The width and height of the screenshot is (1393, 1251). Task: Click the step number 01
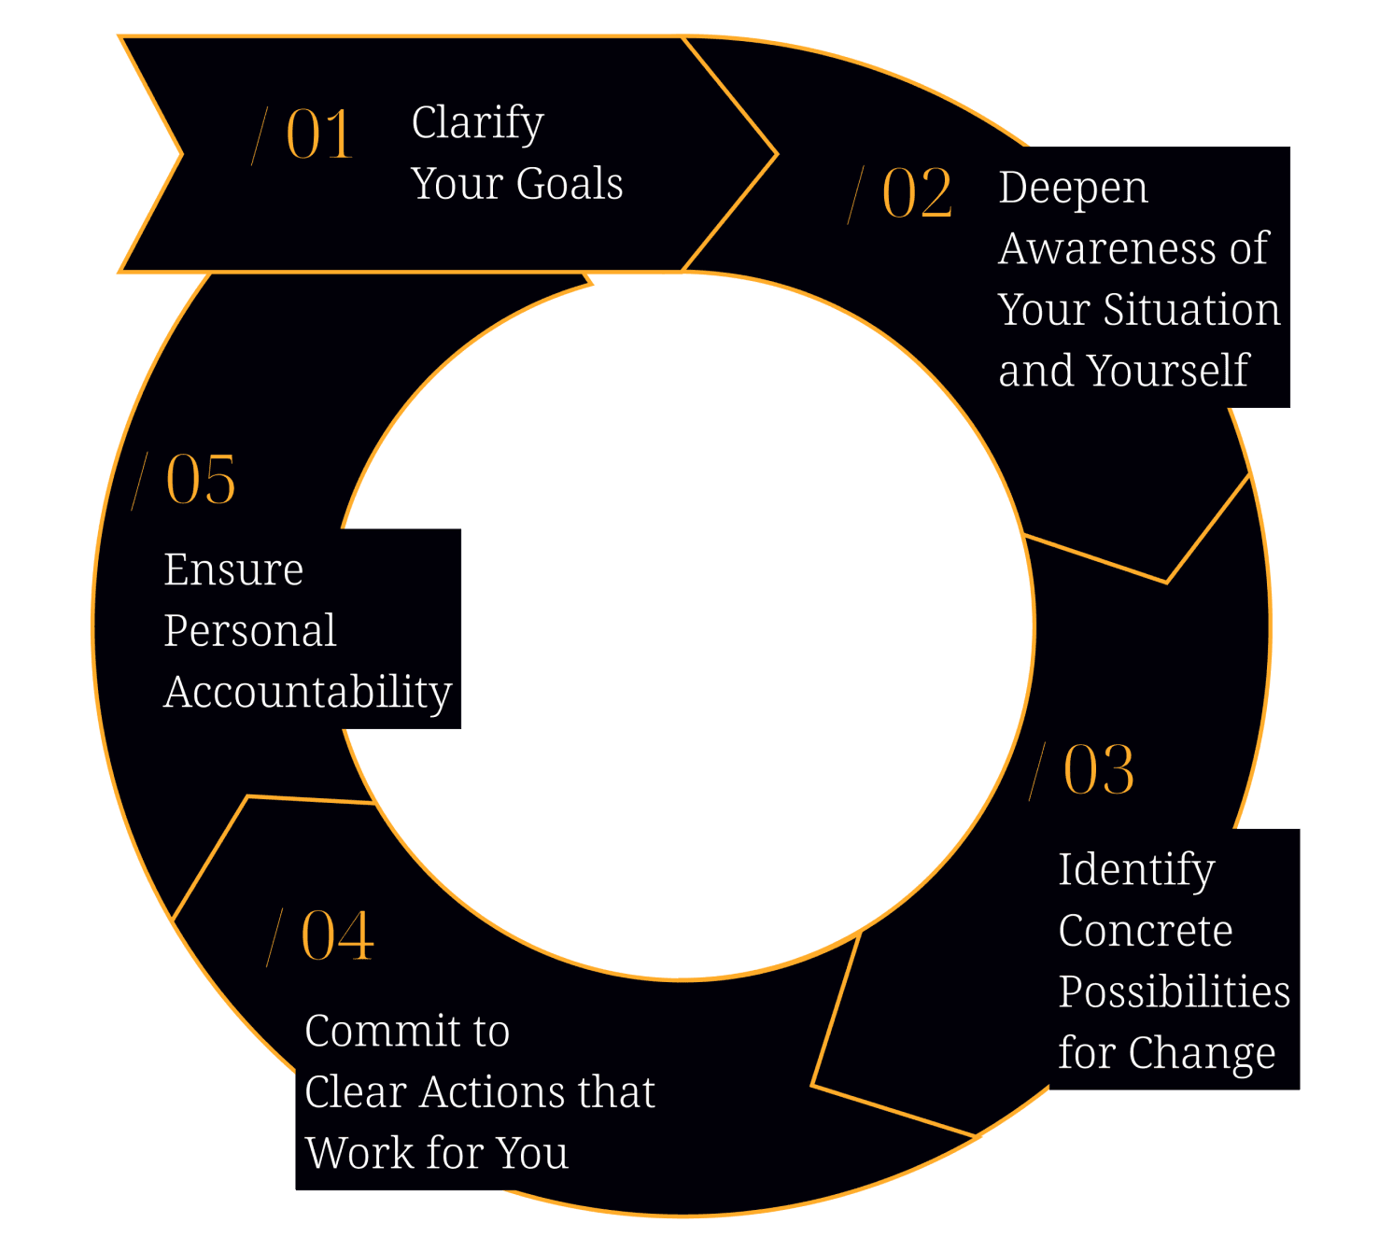319,134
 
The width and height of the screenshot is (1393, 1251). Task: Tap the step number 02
917,194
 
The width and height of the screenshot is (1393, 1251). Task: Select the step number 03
1099,771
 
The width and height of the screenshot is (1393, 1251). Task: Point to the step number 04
337,935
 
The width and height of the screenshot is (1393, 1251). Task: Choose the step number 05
201,480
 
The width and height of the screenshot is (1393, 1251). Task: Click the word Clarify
477,123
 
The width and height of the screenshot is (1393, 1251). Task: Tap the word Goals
570,184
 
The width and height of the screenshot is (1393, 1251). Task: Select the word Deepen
1073,188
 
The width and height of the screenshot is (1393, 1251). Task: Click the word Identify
1136,870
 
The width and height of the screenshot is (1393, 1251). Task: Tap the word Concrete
1146,931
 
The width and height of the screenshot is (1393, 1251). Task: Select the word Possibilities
1175,991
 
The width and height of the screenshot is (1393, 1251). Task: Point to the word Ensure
233,569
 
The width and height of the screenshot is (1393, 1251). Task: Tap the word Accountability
308,693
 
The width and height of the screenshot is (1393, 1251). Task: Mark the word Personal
250,631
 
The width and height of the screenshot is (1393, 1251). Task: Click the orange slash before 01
260,135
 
